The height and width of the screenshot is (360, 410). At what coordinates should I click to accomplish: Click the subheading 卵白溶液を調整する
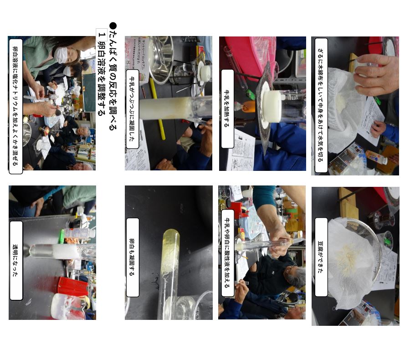coord(102,78)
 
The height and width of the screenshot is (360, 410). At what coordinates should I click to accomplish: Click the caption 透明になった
coord(15,260)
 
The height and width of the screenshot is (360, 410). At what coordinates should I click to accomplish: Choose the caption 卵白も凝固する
coord(132,257)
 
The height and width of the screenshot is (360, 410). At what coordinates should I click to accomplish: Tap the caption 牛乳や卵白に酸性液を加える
coord(227,253)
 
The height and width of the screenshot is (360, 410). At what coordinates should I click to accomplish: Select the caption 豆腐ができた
coord(321,257)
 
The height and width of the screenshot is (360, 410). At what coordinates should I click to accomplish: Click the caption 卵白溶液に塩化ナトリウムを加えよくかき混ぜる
coord(15,106)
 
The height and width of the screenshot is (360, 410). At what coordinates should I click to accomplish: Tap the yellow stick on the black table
coord(158,108)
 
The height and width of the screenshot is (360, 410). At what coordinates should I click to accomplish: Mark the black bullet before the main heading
coord(113,26)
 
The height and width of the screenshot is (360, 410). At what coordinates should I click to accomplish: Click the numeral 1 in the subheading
coord(102,35)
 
